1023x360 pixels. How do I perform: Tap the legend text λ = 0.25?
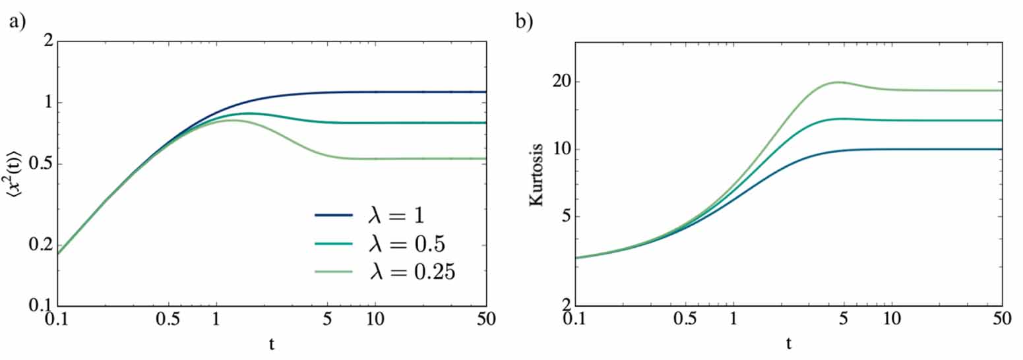pos(414,272)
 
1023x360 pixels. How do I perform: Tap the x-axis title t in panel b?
pos(789,343)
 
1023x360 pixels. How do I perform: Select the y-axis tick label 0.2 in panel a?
pos(41,245)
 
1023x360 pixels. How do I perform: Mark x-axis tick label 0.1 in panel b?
pos(576,318)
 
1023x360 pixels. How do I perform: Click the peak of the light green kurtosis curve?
pos(838,82)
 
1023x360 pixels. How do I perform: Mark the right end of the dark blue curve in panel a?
pos(487,92)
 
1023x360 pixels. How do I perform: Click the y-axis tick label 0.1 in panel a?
pos(41,306)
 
